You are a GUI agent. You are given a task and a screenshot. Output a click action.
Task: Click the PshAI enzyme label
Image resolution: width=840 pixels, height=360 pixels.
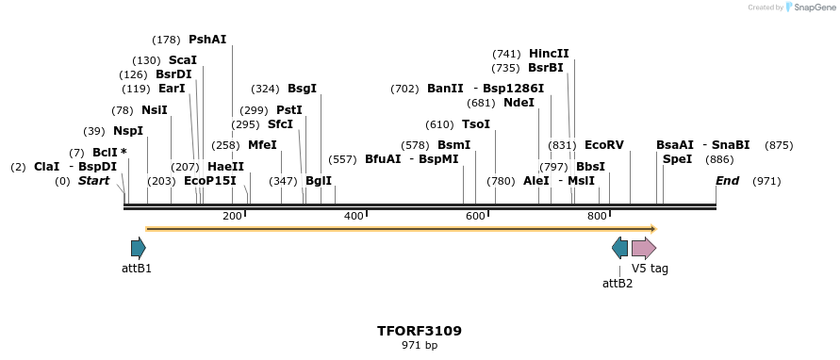(207, 40)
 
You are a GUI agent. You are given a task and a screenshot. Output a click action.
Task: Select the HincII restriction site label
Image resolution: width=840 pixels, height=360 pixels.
(549, 54)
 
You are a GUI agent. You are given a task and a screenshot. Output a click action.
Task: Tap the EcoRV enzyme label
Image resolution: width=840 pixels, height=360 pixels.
(604, 145)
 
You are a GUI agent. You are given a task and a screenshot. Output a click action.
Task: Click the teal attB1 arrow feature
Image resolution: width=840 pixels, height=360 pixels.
(139, 249)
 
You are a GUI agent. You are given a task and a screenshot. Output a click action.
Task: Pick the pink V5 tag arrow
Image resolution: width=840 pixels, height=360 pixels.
(644, 249)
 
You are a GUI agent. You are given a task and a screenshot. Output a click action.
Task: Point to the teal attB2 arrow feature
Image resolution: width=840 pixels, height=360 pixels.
(619, 249)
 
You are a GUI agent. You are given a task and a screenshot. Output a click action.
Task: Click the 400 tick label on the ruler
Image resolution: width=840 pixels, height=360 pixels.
(354, 217)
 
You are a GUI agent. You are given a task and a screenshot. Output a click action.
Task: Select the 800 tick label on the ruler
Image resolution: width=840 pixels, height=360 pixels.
(597, 217)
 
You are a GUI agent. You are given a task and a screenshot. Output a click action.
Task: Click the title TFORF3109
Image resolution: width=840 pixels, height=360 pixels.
(420, 331)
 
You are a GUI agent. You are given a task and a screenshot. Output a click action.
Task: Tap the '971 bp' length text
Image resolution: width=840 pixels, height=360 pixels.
(420, 346)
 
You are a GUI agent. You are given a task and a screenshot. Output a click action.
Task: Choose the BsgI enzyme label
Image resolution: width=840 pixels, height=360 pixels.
(302, 89)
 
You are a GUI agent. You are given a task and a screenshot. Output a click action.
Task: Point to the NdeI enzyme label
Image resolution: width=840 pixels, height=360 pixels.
(519, 103)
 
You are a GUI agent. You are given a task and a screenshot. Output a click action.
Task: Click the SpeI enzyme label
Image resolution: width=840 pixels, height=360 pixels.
(677, 159)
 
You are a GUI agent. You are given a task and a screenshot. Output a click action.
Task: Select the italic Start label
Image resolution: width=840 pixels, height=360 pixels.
(93, 181)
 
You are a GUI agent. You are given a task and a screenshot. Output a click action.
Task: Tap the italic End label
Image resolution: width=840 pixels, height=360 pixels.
(727, 181)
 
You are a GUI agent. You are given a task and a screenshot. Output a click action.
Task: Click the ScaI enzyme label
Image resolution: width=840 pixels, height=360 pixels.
(183, 60)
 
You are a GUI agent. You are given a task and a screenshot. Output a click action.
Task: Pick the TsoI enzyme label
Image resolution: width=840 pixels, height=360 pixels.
(476, 124)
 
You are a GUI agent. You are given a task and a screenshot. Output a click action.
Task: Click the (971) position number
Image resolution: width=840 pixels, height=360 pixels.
(766, 181)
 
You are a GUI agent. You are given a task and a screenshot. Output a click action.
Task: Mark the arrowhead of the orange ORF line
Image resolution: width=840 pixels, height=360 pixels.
(652, 228)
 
